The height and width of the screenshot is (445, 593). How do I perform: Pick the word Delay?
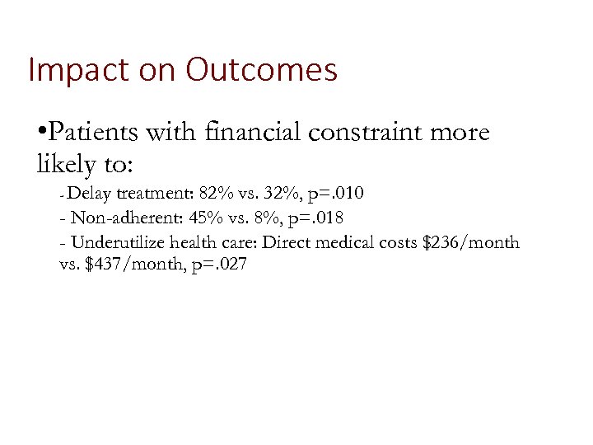[x=91, y=194]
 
